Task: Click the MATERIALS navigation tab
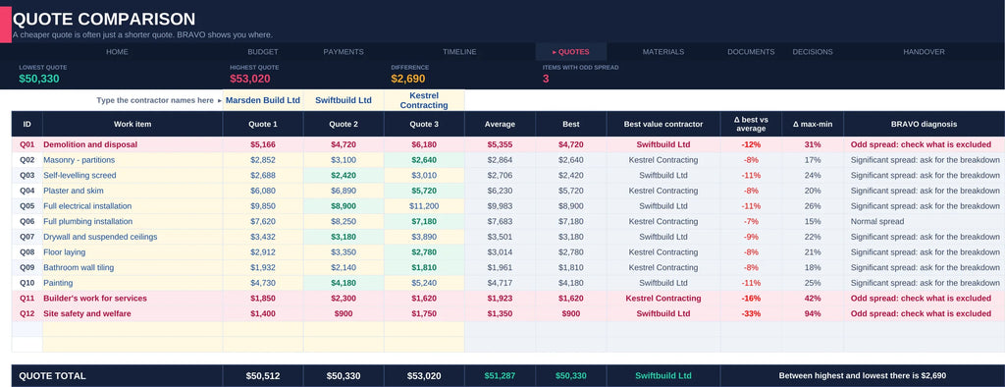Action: tap(662, 52)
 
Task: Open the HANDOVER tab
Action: tap(924, 52)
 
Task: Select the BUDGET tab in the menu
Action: tap(263, 52)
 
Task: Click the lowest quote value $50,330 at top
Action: tap(39, 79)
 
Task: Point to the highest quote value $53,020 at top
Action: tap(250, 79)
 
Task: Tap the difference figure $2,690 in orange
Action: tap(408, 79)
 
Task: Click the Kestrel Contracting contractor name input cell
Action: tap(424, 100)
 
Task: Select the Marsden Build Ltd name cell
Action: tap(263, 100)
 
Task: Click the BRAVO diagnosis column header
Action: tap(924, 124)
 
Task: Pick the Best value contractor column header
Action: tap(663, 124)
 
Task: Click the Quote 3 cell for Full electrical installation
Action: tap(424, 206)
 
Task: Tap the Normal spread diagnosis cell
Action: tap(876, 221)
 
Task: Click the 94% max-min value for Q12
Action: tap(813, 314)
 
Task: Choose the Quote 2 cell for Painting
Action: tap(344, 283)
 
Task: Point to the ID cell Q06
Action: tap(26, 221)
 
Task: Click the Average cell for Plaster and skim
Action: tap(500, 191)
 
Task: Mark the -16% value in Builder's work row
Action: tap(751, 299)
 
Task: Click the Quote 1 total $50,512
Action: tap(263, 376)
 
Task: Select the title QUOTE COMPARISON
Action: tap(104, 20)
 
